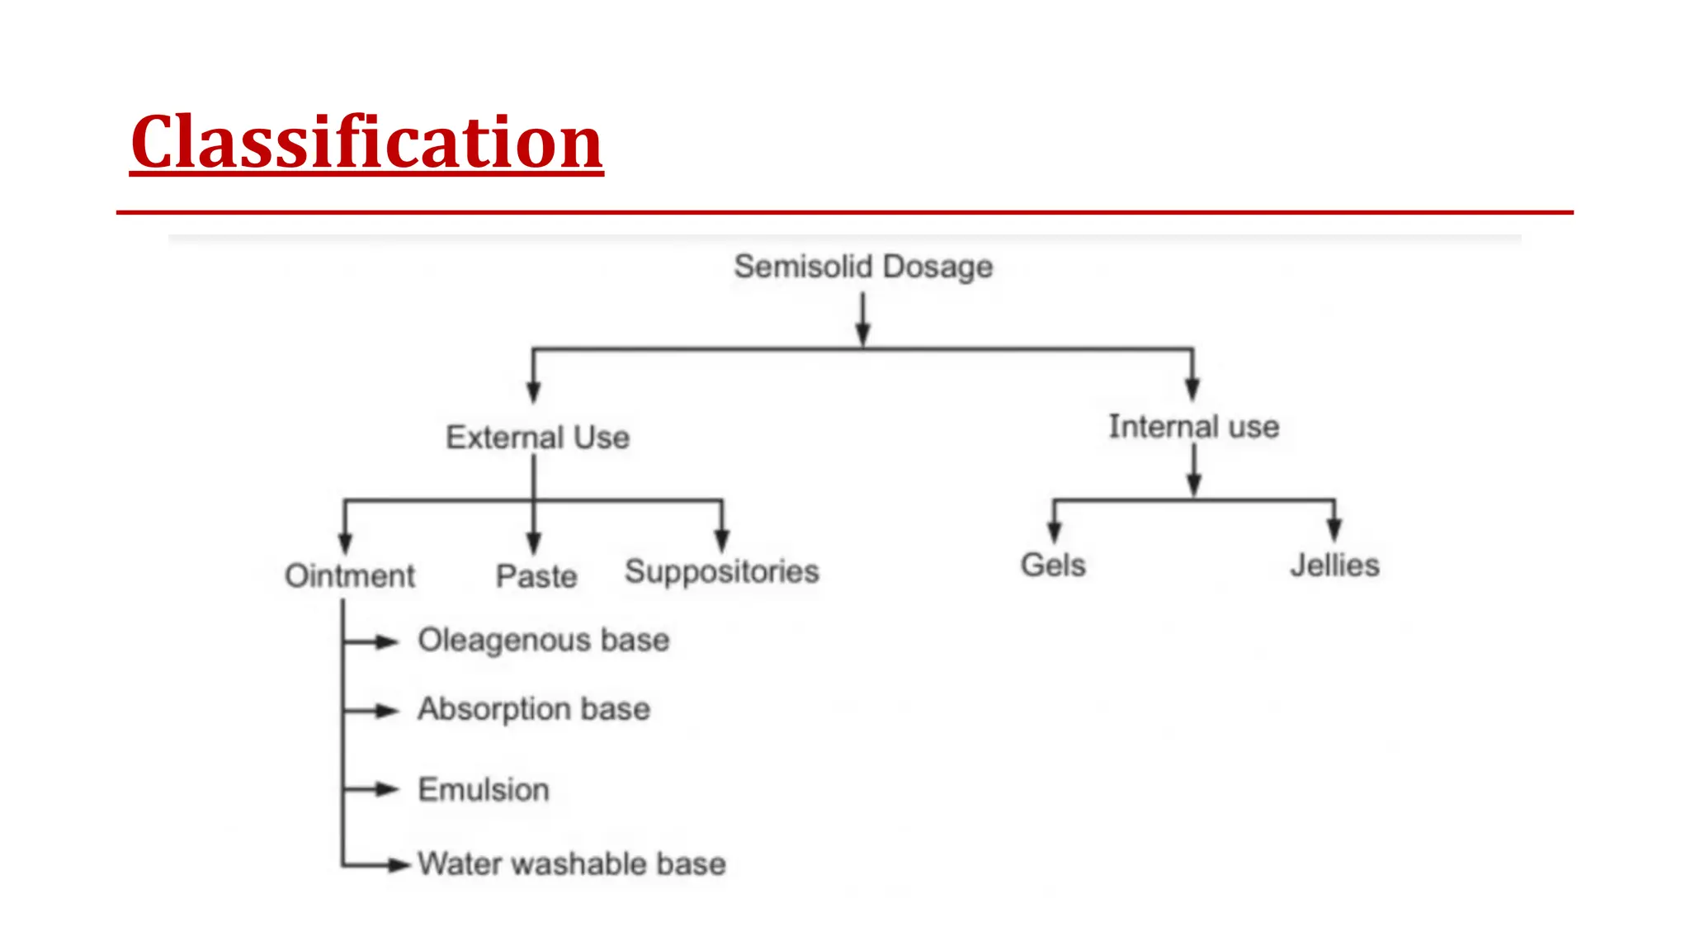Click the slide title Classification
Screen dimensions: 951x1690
[x=366, y=142]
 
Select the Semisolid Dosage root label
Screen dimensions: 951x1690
[x=863, y=267]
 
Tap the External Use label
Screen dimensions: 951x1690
[x=537, y=438]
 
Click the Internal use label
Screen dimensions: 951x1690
[x=1193, y=427]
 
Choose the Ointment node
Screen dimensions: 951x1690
[x=349, y=575]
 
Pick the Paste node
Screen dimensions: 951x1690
[x=536, y=576]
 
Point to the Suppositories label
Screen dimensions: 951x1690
[x=721, y=571]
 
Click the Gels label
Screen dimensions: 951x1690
[x=1053, y=565]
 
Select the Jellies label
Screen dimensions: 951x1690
[x=1334, y=565]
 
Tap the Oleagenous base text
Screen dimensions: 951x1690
[x=543, y=641]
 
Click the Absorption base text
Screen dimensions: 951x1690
[x=533, y=709]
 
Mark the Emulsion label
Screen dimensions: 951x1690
[x=484, y=790]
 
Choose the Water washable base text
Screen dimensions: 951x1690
[x=571, y=864]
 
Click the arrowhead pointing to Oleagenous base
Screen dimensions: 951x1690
[x=386, y=641]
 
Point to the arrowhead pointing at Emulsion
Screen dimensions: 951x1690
[x=386, y=790]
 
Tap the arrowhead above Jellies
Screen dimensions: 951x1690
[x=1334, y=529]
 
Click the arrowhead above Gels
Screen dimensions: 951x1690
[x=1054, y=531]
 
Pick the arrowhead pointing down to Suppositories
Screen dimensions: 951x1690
[x=722, y=539]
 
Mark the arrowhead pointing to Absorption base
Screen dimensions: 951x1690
[x=386, y=711]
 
